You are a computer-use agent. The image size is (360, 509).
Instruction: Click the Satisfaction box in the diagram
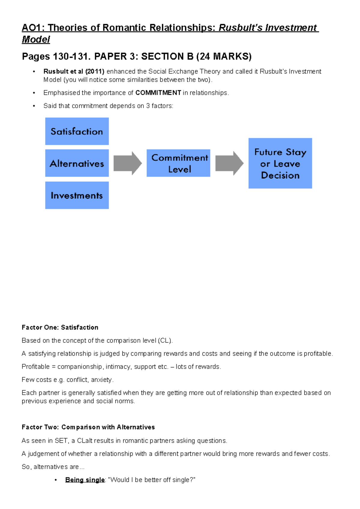click(x=77, y=131)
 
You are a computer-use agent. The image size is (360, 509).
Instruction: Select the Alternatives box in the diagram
click(x=77, y=163)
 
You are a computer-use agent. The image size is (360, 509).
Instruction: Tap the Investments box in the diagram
click(x=77, y=195)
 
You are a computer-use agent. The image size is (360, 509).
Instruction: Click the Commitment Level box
click(x=178, y=163)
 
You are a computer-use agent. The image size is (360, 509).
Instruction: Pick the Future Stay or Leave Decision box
click(x=280, y=163)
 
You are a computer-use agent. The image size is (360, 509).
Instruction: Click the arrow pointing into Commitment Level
click(x=127, y=163)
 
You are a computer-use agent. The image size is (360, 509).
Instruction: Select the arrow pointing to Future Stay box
click(x=229, y=163)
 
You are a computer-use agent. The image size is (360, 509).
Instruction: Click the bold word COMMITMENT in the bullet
click(x=158, y=93)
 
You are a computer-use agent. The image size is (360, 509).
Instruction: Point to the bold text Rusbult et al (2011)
click(x=74, y=71)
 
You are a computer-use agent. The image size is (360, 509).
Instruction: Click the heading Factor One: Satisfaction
click(x=60, y=327)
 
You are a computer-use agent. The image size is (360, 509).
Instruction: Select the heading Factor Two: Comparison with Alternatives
click(x=88, y=427)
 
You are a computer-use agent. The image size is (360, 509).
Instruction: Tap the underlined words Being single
click(x=85, y=480)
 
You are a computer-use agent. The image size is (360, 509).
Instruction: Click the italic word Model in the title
click(x=36, y=39)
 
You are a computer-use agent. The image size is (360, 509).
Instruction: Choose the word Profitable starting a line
click(x=36, y=367)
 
